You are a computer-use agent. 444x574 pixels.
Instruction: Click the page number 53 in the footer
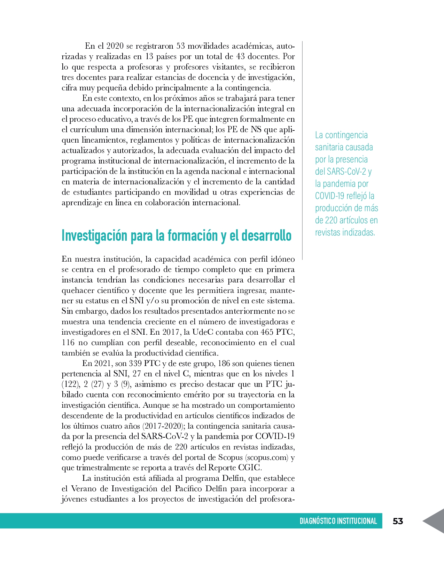[398, 521]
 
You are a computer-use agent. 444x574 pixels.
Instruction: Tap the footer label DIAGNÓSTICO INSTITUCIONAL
[338, 521]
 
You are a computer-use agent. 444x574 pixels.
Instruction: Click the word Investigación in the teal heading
[94, 236]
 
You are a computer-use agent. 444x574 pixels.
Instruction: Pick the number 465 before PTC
[267, 332]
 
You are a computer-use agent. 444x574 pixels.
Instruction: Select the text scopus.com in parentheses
[267, 457]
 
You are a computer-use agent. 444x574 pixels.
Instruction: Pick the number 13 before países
[149, 56]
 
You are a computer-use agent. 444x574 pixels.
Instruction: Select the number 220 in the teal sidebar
[331, 220]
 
